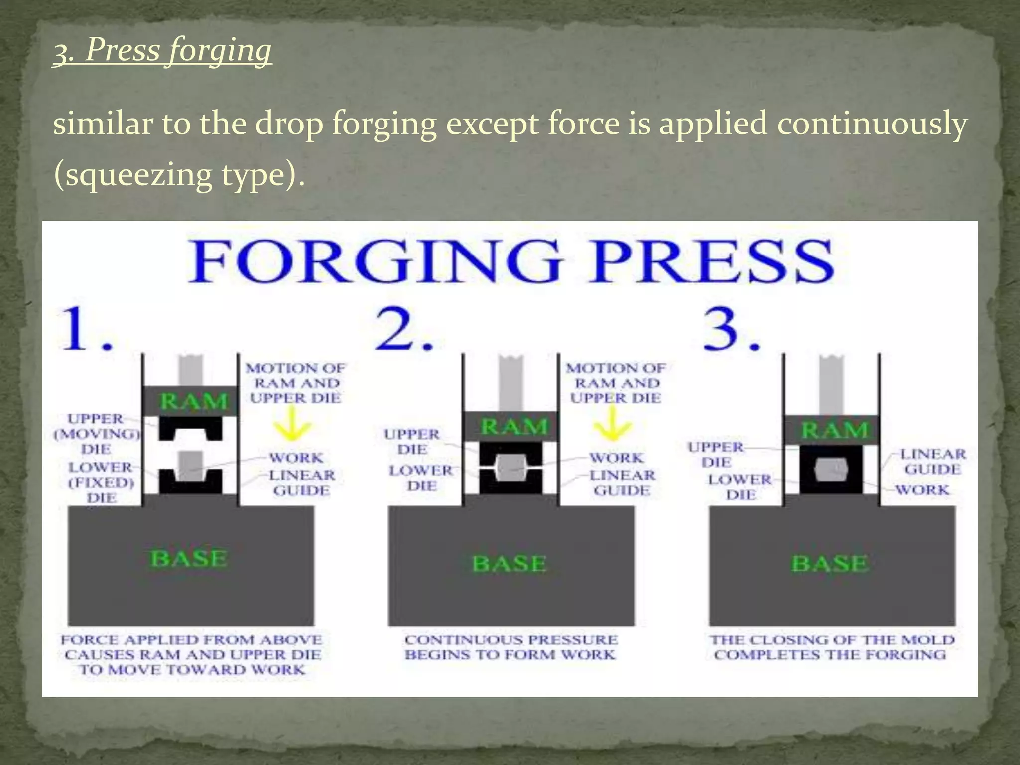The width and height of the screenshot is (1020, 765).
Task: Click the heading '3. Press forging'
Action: (162, 51)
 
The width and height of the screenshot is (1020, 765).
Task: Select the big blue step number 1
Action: (85, 329)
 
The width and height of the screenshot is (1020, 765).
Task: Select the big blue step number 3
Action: (730, 329)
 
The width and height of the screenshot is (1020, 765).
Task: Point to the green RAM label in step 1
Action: (193, 401)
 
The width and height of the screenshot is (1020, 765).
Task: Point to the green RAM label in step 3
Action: (835, 430)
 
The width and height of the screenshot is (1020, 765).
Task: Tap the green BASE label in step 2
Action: (509, 564)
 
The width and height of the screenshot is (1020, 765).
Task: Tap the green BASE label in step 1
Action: (189, 558)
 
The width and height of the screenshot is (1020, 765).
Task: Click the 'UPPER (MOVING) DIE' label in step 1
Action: (96, 434)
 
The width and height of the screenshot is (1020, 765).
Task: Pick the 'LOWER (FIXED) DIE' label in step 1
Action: (101, 482)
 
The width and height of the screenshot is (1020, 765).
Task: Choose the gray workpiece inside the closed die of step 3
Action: (831, 469)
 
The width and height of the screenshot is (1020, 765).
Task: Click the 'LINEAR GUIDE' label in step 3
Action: (932, 461)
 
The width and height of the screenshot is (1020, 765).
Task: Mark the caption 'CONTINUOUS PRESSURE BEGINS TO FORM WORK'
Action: (510, 647)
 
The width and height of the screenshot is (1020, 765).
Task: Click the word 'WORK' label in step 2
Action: (616, 458)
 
